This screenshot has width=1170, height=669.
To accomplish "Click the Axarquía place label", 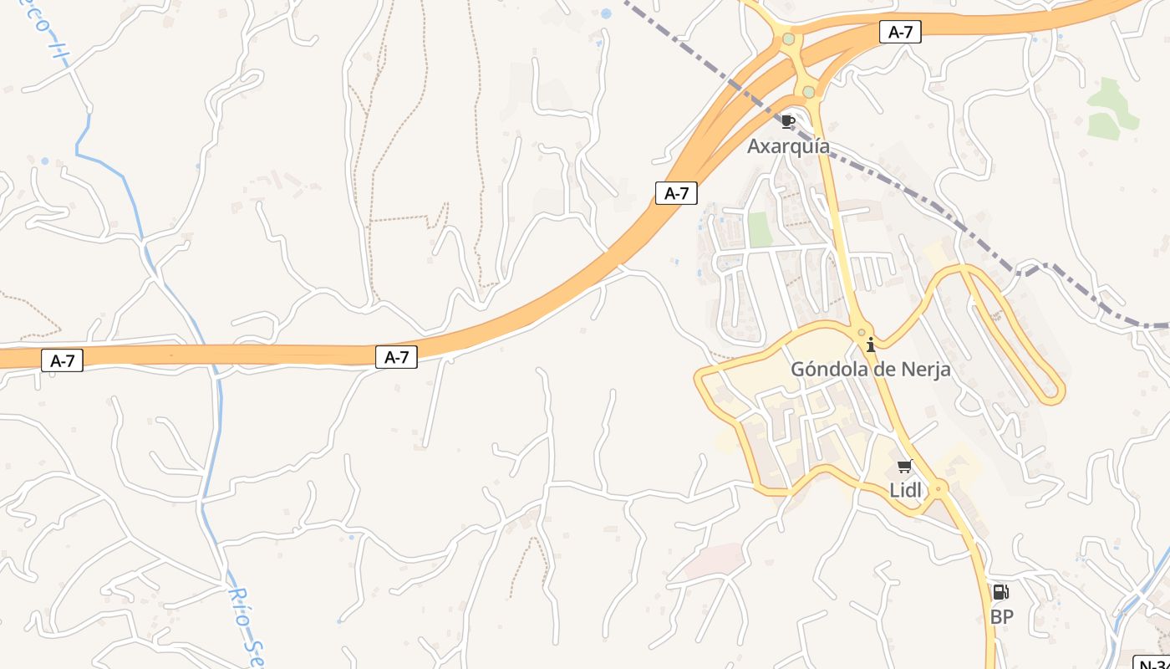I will click(x=788, y=146).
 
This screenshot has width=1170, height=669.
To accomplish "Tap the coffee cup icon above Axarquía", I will click(x=787, y=122).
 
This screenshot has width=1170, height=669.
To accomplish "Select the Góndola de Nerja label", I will click(x=870, y=369).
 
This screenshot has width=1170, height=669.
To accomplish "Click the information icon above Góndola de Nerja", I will click(x=871, y=345).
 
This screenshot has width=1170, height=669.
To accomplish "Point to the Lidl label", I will click(x=905, y=491).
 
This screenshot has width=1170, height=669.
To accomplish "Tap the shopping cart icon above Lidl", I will click(x=904, y=467).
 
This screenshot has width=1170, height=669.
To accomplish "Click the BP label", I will click(x=1001, y=617).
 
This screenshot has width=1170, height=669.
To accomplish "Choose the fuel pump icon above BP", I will click(x=1000, y=593).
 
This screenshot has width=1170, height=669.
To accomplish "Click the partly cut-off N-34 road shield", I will click(x=1154, y=663).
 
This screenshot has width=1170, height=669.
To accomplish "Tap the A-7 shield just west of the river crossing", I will click(x=63, y=361).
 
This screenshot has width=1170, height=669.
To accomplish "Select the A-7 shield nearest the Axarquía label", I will click(x=676, y=193).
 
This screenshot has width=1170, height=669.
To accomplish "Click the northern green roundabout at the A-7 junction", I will click(x=788, y=39).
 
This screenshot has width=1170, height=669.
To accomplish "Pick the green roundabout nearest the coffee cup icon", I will click(x=808, y=92).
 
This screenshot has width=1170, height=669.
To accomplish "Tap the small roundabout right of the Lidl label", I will click(x=939, y=488).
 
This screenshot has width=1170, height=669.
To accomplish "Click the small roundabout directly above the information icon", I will click(x=862, y=332).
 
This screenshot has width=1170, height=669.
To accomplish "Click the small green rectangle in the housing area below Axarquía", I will click(x=760, y=229).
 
